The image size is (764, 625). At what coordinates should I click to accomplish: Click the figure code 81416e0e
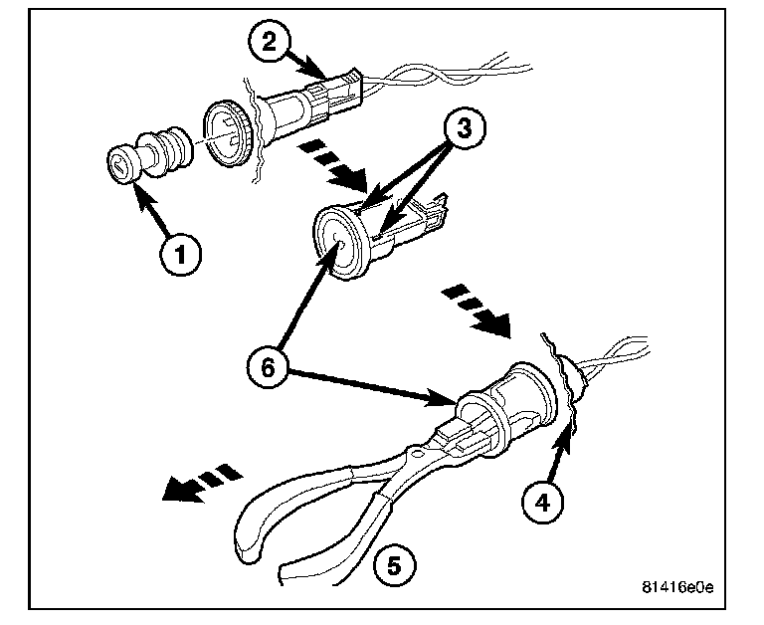(676, 586)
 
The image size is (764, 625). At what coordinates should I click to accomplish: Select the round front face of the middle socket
(336, 238)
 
